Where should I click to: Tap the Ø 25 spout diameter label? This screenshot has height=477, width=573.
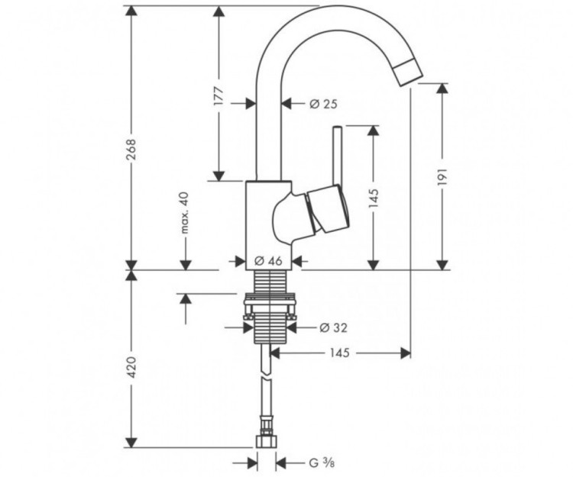coord(323,104)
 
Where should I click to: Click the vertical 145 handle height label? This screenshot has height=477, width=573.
coord(373,200)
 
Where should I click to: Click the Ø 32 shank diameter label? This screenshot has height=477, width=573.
coord(333,327)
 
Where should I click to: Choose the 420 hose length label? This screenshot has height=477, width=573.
coord(131,368)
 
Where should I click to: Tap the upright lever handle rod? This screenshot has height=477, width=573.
coord(336,156)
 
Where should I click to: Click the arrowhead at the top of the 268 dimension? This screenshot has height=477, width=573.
coord(131,11)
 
